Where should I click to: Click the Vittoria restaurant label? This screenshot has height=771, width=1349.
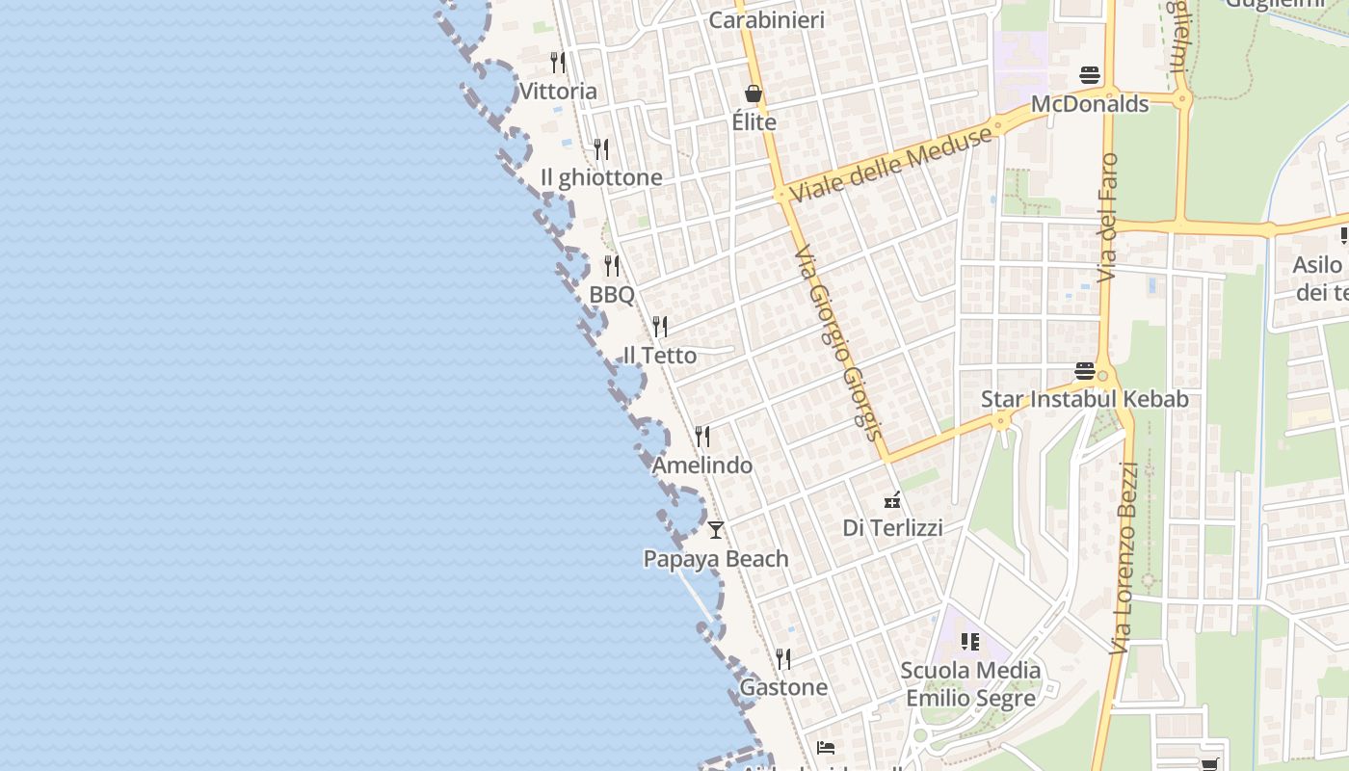(x=558, y=92)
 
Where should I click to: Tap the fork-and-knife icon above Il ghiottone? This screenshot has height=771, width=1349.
(x=601, y=149)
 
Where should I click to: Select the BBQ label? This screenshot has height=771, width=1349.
(x=612, y=295)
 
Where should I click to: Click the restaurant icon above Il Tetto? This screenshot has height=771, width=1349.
(x=660, y=327)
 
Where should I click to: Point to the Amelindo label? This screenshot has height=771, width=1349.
(x=701, y=465)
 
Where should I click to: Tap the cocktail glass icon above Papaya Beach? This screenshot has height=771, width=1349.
(x=715, y=529)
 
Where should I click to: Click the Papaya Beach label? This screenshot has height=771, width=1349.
(x=715, y=559)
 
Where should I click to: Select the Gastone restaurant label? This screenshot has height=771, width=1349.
(x=782, y=687)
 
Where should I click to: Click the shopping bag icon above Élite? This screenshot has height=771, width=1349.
(x=754, y=93)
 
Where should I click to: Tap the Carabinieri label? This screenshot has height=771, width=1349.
(x=766, y=19)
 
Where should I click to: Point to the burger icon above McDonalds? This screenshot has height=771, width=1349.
(x=1090, y=75)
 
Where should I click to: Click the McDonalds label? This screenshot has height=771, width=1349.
(x=1090, y=104)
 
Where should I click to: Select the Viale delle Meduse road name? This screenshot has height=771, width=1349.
(x=890, y=165)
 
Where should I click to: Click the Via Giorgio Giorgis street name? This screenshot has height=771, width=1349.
(x=835, y=343)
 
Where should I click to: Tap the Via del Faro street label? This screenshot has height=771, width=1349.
(x=1109, y=217)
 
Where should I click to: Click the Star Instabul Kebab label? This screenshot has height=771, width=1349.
(x=1084, y=399)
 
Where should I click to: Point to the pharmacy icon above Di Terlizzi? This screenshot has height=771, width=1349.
(x=893, y=499)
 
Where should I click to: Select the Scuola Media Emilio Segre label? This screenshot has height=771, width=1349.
(x=970, y=684)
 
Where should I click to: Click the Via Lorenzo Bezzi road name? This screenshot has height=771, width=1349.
(x=1124, y=559)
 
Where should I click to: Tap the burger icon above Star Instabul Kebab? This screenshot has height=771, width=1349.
(x=1084, y=371)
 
